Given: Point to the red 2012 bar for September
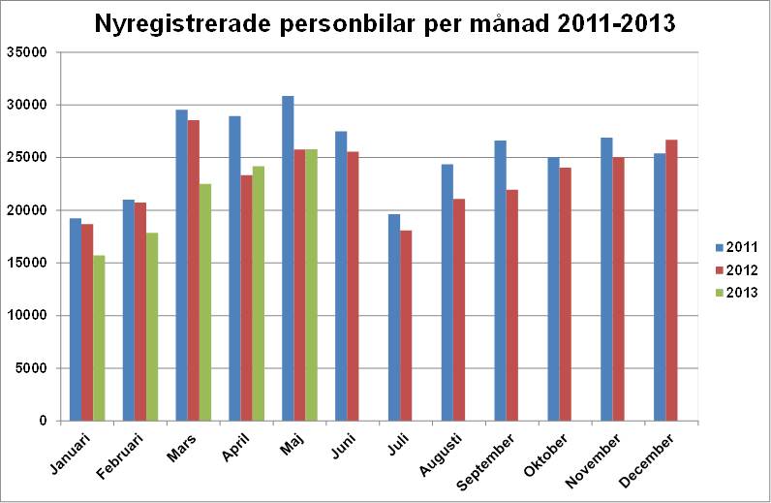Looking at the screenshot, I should (512, 304).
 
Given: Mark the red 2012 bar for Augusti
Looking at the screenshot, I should (459, 309).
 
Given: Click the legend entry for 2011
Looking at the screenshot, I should (735, 246).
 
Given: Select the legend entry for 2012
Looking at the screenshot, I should (735, 269).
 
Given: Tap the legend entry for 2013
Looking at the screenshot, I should (735, 293).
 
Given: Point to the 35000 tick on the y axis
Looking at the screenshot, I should (32, 52).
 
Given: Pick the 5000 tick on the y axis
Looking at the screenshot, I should (36, 368).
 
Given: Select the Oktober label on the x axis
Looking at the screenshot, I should (549, 455).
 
